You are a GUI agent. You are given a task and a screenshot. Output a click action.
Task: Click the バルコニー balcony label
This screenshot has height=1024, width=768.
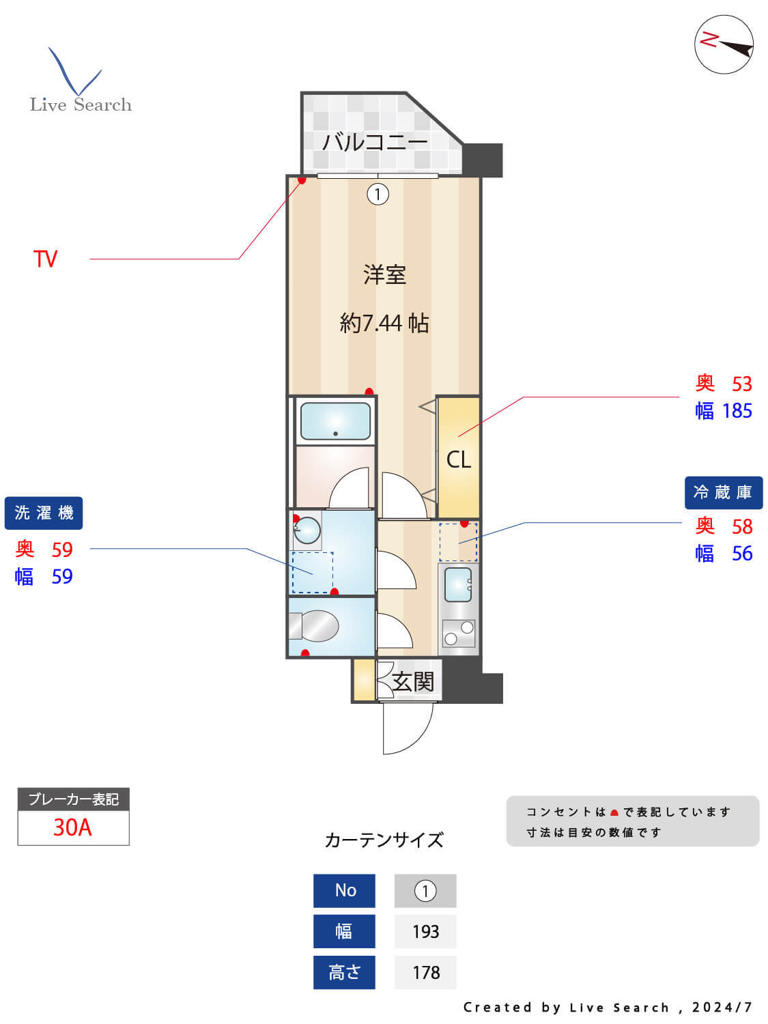(x=375, y=142)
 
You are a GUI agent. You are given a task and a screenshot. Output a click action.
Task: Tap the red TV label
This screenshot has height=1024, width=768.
(x=46, y=259)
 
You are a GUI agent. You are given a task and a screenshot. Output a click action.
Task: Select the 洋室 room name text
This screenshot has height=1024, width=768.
(x=384, y=275)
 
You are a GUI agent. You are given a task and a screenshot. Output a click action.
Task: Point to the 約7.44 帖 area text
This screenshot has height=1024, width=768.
(x=384, y=322)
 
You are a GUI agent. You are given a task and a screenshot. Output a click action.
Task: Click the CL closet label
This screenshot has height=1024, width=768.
(x=458, y=459)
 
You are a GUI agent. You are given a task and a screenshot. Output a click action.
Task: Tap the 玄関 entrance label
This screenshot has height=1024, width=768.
(x=413, y=681)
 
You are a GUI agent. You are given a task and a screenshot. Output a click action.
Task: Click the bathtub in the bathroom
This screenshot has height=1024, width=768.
(x=335, y=421)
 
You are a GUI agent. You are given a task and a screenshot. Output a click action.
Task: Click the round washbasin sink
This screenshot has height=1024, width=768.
(x=307, y=530)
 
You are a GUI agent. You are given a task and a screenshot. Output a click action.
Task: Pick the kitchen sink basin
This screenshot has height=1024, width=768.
(x=457, y=584)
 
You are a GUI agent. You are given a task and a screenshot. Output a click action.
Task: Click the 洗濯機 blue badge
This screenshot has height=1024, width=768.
(x=44, y=513)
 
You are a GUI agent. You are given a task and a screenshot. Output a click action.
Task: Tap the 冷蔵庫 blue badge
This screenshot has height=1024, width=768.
(x=723, y=492)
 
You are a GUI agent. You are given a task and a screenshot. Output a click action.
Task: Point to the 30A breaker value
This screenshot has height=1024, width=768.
(x=73, y=827)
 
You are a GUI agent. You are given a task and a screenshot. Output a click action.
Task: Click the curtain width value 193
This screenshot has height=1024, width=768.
(x=425, y=931)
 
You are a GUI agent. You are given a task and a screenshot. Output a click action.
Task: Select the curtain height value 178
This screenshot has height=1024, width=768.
(x=425, y=972)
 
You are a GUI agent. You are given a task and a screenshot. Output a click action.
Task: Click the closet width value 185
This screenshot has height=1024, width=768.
(x=737, y=411)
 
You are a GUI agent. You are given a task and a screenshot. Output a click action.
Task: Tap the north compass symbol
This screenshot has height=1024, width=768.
(x=724, y=44)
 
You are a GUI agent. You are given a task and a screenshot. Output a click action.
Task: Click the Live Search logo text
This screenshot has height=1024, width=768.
(x=81, y=104)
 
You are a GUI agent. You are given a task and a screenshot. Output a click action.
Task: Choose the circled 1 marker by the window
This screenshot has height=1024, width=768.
(x=378, y=195)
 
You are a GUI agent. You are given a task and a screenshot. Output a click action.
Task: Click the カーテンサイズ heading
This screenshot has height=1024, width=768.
(x=384, y=840)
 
